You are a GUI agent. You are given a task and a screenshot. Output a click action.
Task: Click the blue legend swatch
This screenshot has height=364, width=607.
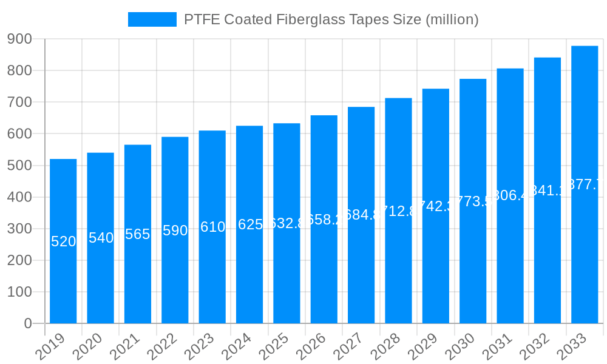pyautogui.click(x=152, y=19)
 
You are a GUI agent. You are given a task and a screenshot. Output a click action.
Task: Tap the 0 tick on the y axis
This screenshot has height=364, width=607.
pyautogui.click(x=28, y=324)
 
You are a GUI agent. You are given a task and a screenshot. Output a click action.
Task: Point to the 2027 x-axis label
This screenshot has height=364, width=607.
pyautogui.click(x=353, y=346)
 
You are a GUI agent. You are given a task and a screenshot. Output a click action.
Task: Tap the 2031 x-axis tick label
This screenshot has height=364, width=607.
pyautogui.click(x=502, y=346)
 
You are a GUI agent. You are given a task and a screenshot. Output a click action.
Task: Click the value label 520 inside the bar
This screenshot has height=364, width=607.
pyautogui.click(x=63, y=241)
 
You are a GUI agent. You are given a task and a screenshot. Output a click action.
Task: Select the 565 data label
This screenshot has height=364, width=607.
pyautogui.click(x=138, y=234)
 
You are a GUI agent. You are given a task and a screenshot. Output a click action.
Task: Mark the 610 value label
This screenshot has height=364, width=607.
pyautogui.click(x=212, y=227)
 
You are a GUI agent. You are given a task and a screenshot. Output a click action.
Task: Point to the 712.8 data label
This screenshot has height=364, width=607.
pyautogui.click(x=398, y=211)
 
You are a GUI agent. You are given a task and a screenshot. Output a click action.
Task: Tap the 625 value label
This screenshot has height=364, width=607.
pyautogui.click(x=249, y=224)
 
